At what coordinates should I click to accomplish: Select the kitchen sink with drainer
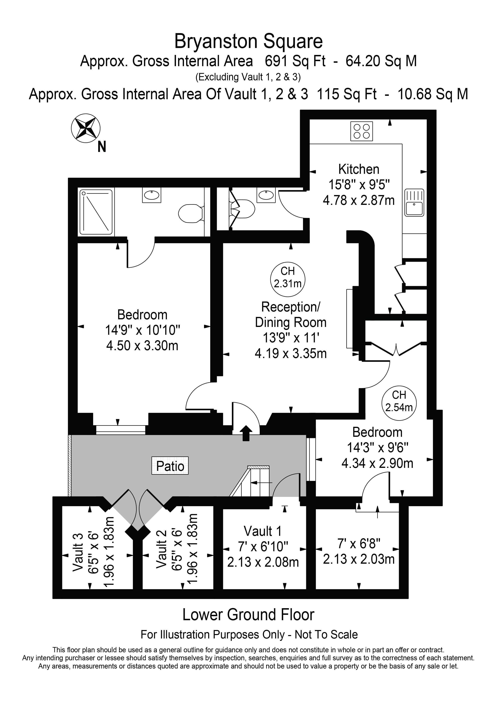414,203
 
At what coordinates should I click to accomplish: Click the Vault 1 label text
263,531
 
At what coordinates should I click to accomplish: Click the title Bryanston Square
248,42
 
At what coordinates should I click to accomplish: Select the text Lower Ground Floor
248,615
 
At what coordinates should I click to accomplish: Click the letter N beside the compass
102,147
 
